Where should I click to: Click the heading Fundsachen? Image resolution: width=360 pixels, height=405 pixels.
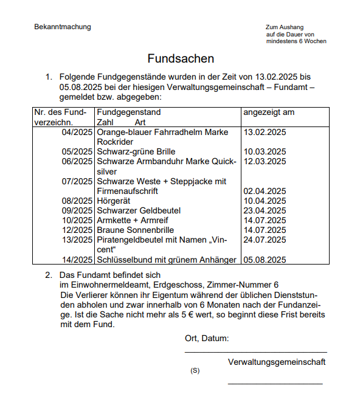coord(181,59)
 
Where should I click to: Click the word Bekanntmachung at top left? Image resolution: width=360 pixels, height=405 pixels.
coord(63,27)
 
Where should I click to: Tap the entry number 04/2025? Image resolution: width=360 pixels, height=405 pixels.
coord(77,132)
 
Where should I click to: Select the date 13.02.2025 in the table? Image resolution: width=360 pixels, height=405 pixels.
coord(265,132)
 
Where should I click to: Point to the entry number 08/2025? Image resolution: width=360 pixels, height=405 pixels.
coord(77,201)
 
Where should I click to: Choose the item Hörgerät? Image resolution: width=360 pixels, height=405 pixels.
coord(114,201)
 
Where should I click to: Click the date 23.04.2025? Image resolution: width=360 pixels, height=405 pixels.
coord(265,210)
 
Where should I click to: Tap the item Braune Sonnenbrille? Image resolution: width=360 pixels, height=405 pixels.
coord(136,230)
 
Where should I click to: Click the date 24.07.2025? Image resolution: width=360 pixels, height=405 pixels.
coord(265,240)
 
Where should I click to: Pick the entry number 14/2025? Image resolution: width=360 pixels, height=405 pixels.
coord(77,260)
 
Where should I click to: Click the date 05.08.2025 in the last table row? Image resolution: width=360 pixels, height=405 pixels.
coord(265,260)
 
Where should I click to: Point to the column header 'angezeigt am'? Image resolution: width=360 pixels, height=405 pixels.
coord(269,112)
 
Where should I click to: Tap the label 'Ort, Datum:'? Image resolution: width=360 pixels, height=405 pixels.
coord(207,338)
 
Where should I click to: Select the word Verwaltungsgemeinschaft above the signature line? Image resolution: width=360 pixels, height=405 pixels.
coord(277,362)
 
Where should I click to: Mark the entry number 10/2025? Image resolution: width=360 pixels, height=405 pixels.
coord(77,220)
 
